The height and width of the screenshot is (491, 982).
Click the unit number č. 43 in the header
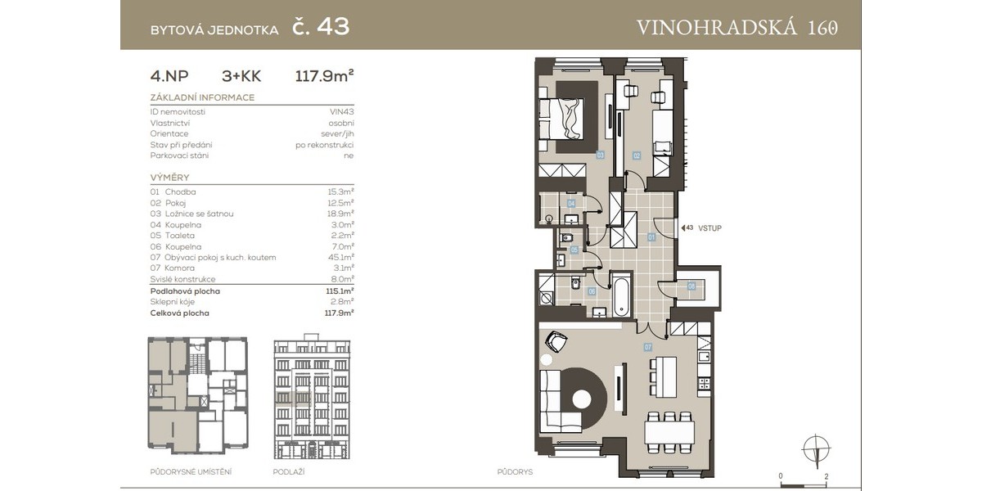point(321,27)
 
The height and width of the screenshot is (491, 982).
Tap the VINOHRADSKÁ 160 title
point(737,27)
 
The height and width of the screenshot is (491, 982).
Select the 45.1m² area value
point(340,257)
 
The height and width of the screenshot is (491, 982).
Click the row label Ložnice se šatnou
point(199,214)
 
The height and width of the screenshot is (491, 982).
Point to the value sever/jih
point(337,134)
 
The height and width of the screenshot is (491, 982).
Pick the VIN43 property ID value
point(341,112)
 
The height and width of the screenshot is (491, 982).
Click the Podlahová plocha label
point(185,291)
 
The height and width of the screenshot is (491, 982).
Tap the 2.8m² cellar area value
point(342,302)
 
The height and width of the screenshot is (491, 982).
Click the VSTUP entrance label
point(709,228)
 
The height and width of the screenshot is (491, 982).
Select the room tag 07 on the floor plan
point(648,347)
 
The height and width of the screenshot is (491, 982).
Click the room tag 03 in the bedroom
point(600,155)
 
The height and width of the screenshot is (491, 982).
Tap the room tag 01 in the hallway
point(651,237)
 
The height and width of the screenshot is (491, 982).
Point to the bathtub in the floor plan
point(621,296)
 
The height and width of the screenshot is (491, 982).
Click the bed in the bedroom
point(561,119)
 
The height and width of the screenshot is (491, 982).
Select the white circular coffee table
point(582,399)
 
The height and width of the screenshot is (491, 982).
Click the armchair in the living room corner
point(556,340)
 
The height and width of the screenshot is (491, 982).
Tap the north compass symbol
point(816,449)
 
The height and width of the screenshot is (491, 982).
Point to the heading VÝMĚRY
point(169,178)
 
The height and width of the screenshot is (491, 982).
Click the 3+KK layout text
point(241,76)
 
